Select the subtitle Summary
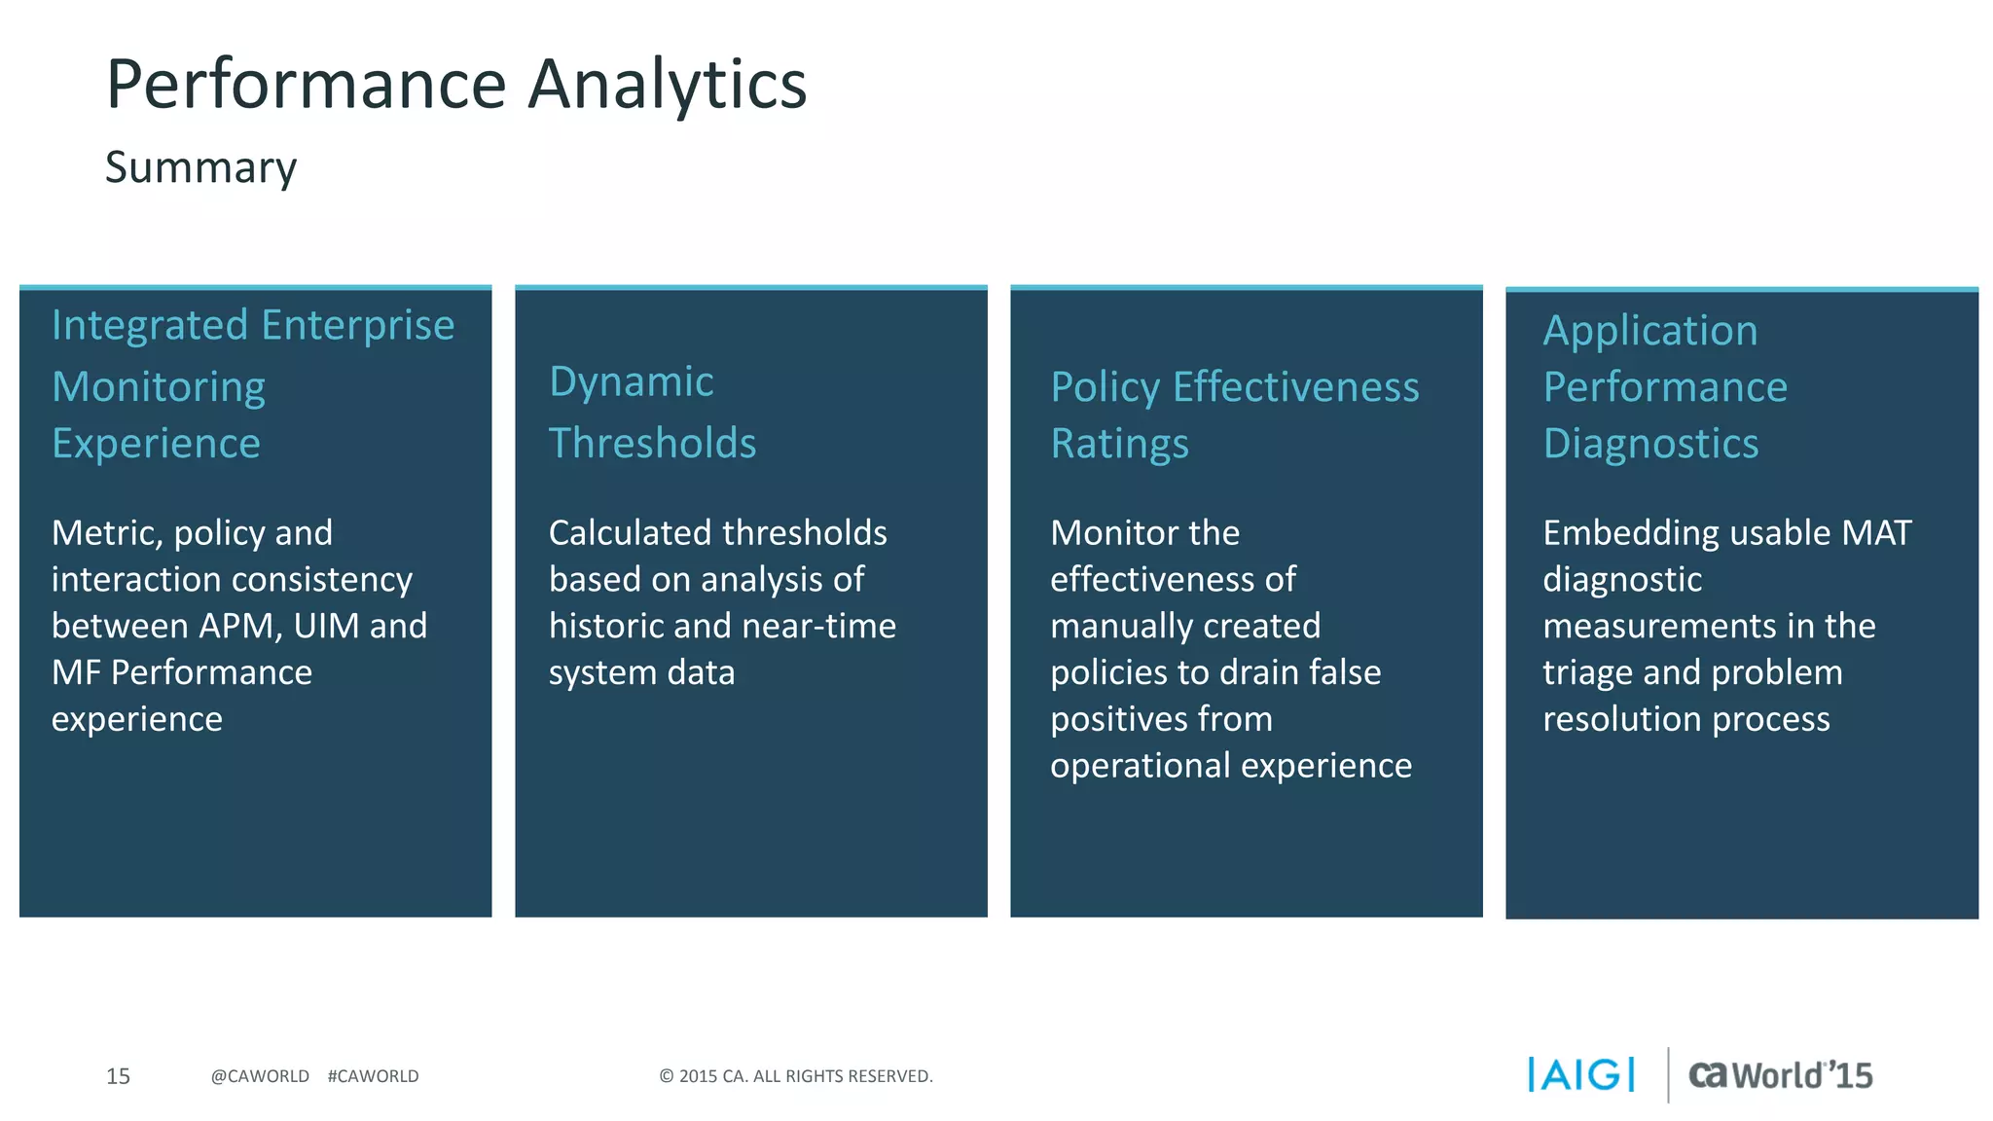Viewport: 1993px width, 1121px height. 200,168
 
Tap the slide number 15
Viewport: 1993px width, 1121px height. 118,1076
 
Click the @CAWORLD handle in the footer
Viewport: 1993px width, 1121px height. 260,1076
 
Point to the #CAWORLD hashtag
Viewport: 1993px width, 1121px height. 373,1076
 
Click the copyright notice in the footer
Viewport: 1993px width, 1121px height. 795,1076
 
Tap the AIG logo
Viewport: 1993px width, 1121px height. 1581,1075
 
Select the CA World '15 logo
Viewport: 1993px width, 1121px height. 1780,1075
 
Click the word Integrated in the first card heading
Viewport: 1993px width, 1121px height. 150,326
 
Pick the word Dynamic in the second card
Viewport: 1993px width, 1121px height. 632,382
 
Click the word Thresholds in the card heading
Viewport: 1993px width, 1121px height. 652,444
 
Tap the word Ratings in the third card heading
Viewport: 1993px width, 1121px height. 1119,445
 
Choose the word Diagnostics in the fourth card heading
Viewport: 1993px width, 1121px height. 1650,445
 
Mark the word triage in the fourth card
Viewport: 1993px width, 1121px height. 1587,673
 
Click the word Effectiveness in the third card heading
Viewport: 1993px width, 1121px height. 1295,388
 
